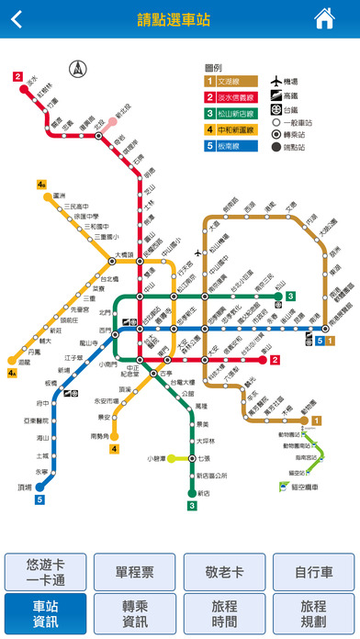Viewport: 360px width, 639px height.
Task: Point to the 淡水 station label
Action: (32, 81)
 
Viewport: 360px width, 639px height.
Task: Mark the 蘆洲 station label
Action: (60, 196)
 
